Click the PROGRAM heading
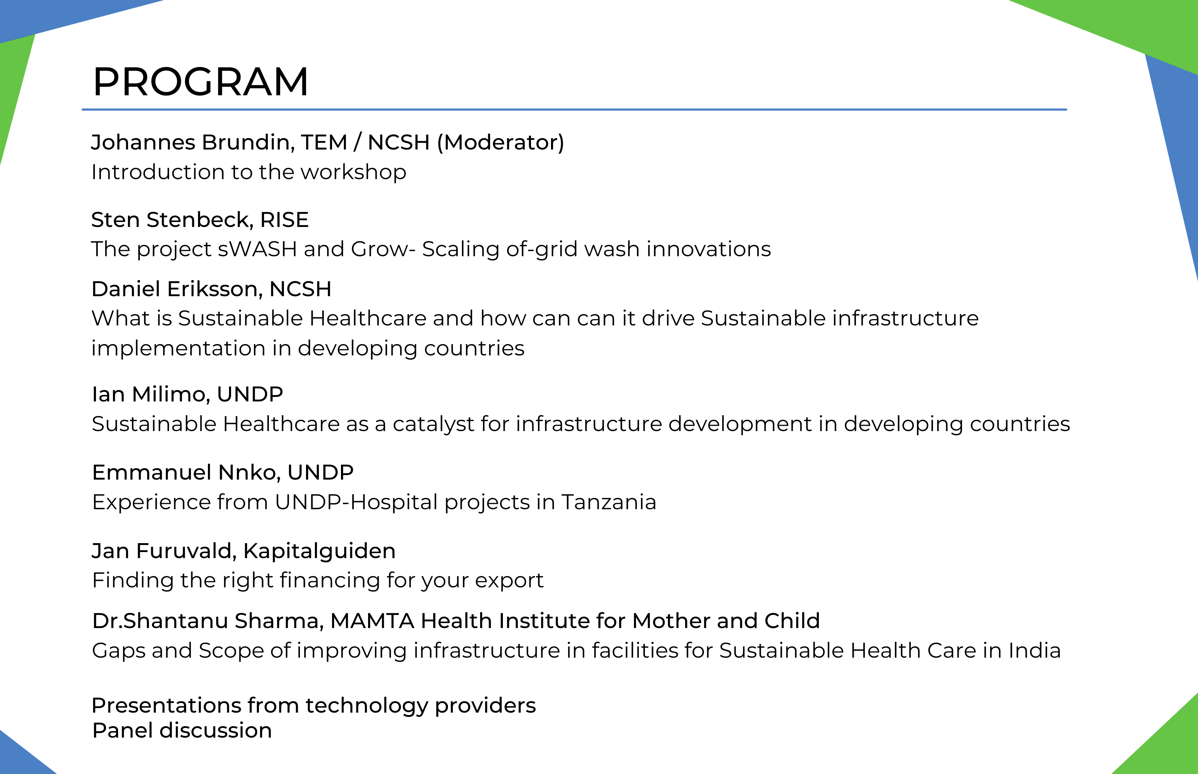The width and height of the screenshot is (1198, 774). [x=200, y=81]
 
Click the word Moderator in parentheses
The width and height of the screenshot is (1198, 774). [x=500, y=142]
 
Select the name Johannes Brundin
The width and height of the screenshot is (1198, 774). [x=192, y=142]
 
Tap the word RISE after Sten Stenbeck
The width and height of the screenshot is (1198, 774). [x=284, y=219]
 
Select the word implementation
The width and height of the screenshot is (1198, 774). [x=178, y=348]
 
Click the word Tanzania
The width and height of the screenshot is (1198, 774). [x=608, y=502]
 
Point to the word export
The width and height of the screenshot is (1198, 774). [x=509, y=581]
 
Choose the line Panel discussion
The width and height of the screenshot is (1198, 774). [x=182, y=730]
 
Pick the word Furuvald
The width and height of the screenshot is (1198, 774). [x=184, y=551]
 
